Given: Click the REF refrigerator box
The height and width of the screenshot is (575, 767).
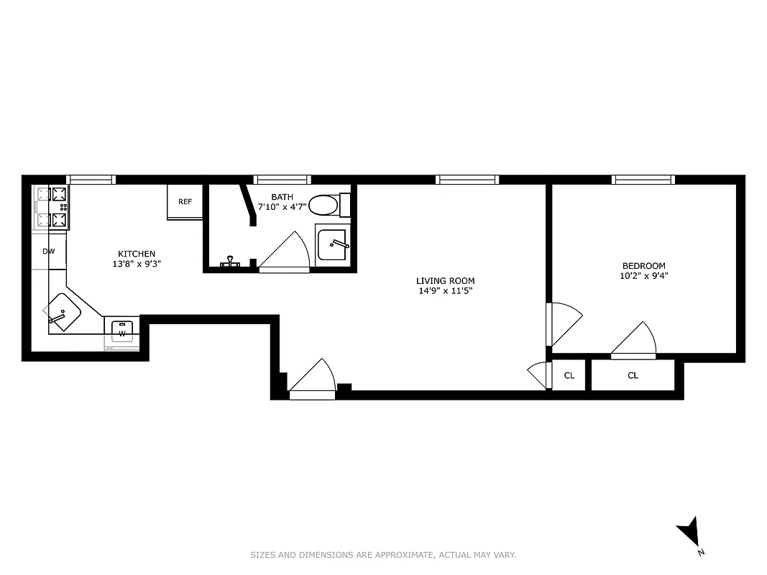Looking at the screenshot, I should click(x=185, y=202).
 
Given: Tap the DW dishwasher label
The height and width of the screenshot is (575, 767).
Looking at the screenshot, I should click(x=49, y=252).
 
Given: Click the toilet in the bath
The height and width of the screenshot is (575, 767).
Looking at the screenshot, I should click(x=326, y=205).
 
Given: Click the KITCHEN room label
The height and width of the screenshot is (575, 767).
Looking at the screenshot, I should click(x=137, y=254).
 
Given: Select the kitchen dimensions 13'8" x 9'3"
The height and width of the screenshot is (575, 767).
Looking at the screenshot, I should click(x=137, y=264).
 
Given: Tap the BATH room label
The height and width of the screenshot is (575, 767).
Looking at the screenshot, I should click(x=282, y=197).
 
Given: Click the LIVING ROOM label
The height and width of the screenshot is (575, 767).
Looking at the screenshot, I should click(x=445, y=281).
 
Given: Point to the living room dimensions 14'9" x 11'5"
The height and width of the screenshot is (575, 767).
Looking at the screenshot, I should click(x=445, y=291).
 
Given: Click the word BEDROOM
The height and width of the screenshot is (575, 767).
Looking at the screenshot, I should click(x=643, y=265).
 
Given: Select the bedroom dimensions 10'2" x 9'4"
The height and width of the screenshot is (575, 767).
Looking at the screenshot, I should click(x=643, y=275).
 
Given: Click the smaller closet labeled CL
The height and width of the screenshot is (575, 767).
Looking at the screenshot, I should click(x=569, y=375).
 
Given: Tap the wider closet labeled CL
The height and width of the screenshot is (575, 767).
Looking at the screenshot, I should click(x=633, y=375).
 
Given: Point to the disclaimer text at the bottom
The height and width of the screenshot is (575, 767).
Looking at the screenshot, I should click(x=383, y=555).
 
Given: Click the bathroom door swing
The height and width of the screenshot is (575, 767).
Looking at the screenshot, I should click(x=285, y=253).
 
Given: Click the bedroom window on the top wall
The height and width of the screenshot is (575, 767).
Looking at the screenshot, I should click(x=643, y=180).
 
